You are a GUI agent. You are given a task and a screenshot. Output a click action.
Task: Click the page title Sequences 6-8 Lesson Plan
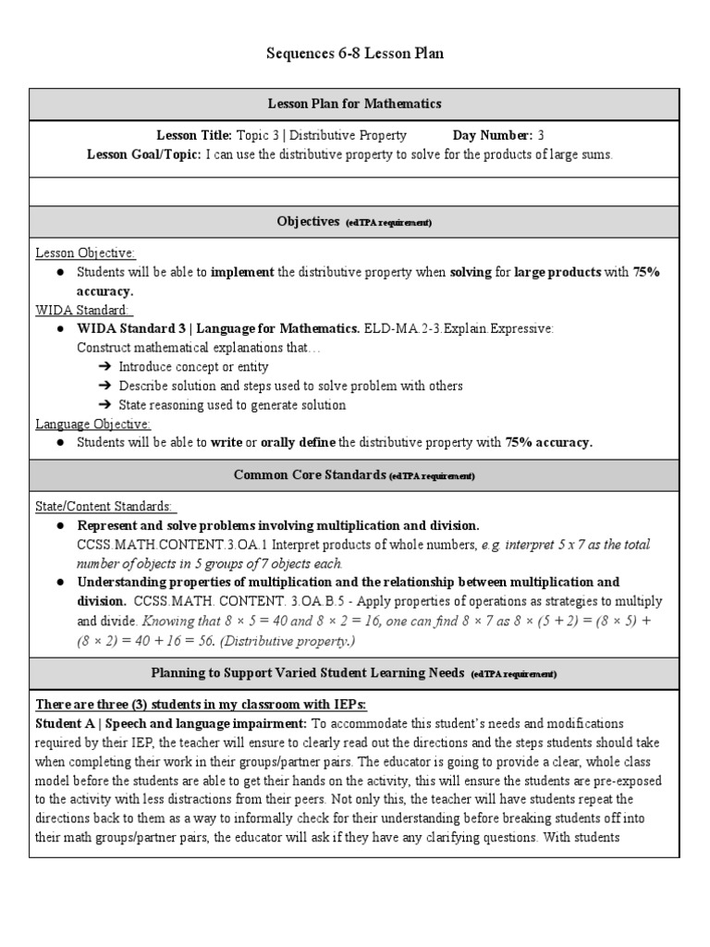[355, 54]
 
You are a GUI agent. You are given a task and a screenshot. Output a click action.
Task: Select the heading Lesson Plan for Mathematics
[355, 104]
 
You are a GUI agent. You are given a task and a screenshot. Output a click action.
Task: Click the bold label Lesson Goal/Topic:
[143, 154]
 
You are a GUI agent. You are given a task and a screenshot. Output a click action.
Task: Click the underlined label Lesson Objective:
[85, 252]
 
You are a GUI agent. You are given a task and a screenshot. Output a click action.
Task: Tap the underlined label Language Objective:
[92, 424]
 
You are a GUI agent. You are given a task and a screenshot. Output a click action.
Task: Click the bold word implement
[242, 272]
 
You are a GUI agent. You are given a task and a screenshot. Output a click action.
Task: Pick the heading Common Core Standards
[310, 474]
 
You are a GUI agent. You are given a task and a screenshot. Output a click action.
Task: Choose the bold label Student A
[67, 723]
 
